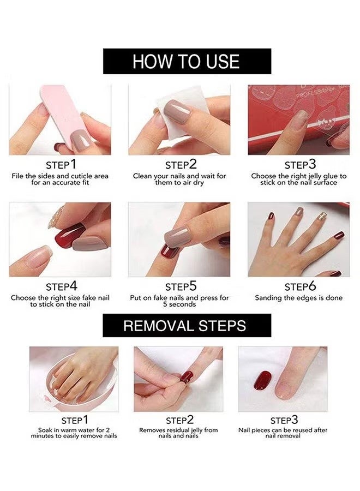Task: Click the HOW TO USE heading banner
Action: coord(187,61)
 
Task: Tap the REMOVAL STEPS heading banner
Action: coord(187,326)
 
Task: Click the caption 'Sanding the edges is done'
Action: coord(299,298)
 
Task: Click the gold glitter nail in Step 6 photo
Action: coord(322,216)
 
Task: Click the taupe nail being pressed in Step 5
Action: coord(178,236)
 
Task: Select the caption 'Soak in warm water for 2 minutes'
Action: coord(74,433)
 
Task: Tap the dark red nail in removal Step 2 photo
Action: coord(187,376)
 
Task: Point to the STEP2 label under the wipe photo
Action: coord(179,164)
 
